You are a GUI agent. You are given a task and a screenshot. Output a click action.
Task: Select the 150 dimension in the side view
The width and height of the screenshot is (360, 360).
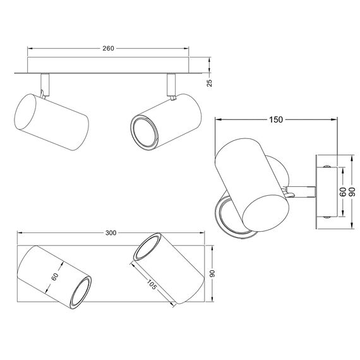point(275,119)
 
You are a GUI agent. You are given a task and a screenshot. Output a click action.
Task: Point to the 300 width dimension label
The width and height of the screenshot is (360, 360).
point(111,232)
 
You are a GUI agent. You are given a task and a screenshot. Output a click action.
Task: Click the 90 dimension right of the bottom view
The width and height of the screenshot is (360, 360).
point(213,274)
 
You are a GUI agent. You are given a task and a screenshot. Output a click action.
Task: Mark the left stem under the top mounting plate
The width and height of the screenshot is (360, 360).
point(44,82)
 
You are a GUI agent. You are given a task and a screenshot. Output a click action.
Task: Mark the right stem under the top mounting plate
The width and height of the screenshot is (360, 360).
point(171,83)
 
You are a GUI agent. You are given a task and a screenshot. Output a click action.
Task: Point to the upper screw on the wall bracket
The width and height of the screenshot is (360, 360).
point(326,165)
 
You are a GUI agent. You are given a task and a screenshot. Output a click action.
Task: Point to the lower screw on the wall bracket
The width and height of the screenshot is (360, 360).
point(326,216)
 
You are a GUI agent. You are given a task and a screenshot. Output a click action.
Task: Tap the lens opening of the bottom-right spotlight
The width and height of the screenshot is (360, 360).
point(145,249)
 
